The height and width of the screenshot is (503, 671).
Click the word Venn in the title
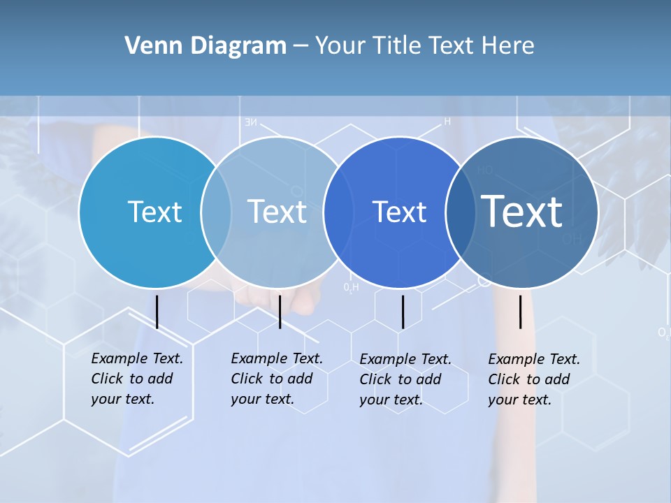(x=147, y=46)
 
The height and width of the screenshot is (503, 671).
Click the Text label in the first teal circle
(x=154, y=212)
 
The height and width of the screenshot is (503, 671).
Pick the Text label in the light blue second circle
(x=277, y=212)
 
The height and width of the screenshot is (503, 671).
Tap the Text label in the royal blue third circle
(x=399, y=212)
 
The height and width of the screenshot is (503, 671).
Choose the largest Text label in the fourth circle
(x=522, y=211)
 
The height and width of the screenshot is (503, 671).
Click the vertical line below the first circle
(x=157, y=312)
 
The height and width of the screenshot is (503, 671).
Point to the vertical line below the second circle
(x=280, y=312)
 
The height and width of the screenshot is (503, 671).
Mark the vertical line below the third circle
(x=403, y=312)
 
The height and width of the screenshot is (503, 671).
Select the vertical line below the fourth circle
(x=521, y=312)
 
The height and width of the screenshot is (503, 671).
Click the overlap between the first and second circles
(x=216, y=212)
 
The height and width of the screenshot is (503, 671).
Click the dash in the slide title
(x=301, y=46)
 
